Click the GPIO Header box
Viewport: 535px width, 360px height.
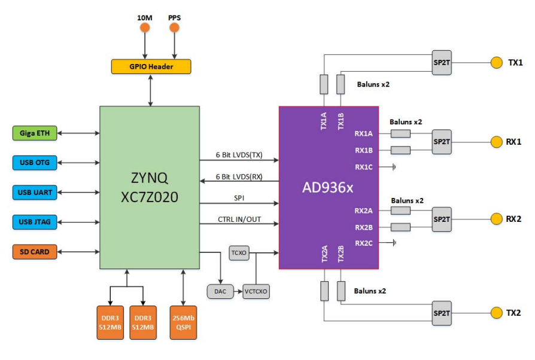click(151, 67)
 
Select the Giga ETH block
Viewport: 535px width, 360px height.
click(35, 133)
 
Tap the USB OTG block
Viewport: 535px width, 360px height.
click(35, 163)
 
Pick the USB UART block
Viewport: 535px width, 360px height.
click(35, 193)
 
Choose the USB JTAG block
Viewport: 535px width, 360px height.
click(35, 222)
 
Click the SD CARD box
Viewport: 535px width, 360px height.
click(35, 252)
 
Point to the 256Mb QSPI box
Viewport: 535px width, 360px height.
click(184, 323)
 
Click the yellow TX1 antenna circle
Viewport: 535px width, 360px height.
click(496, 62)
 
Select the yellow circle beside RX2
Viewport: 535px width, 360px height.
click(496, 219)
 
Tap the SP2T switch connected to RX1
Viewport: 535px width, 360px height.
click(442, 142)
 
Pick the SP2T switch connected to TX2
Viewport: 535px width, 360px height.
click(442, 313)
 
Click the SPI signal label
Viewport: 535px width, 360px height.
click(239, 197)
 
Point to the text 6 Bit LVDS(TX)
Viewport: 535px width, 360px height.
click(239, 155)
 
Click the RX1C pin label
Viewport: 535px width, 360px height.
click(364, 167)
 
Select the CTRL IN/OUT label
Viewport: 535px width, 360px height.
click(239, 219)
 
